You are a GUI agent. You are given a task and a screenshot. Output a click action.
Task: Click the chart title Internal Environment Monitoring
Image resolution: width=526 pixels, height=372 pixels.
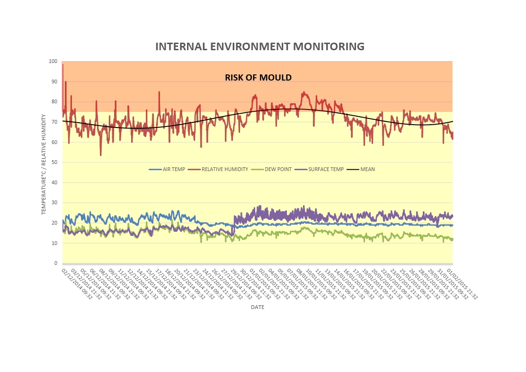[x=260, y=46]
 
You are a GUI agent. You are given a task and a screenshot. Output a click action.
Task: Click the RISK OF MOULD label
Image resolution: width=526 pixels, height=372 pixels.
[x=258, y=77]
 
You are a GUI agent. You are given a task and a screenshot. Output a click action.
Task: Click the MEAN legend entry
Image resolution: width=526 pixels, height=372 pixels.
[x=362, y=169]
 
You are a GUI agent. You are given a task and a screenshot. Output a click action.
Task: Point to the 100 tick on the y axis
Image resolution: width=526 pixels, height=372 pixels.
[x=53, y=62]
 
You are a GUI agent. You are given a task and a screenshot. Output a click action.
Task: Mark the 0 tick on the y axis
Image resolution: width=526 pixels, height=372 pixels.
[x=55, y=263]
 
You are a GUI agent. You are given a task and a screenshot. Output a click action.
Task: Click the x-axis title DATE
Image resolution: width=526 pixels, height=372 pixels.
[x=258, y=307]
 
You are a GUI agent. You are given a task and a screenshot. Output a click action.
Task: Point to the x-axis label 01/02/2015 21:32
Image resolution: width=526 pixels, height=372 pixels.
[x=465, y=283]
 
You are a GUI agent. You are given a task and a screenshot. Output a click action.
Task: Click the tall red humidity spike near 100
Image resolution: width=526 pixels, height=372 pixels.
[x=62, y=65]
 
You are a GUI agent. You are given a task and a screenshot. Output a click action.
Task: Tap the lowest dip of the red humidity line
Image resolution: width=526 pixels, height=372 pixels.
[x=100, y=154]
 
